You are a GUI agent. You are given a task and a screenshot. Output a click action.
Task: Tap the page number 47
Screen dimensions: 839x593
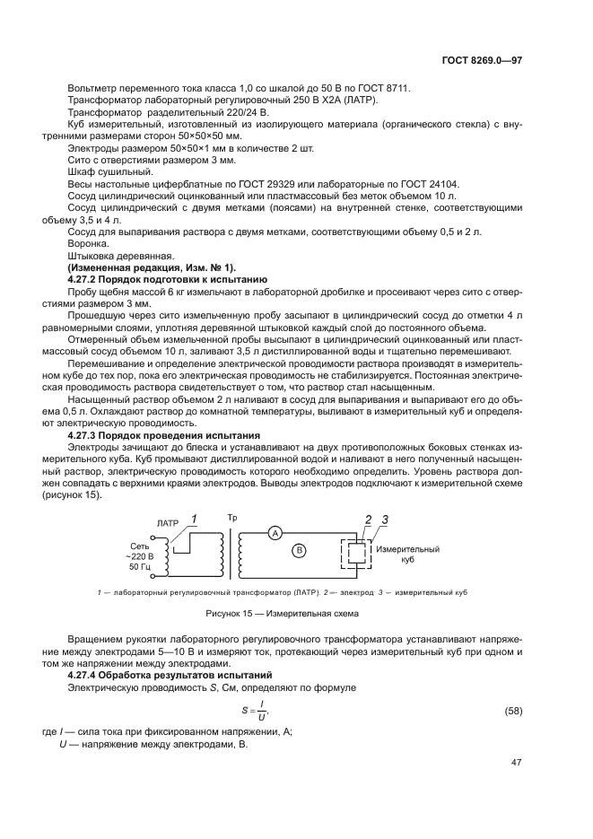(516, 763)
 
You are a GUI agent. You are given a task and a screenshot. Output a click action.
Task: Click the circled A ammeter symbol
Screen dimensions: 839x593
(275, 532)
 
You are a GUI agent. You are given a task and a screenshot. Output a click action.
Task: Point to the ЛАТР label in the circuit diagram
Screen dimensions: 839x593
(168, 521)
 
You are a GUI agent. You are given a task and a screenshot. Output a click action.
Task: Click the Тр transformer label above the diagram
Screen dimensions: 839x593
(232, 519)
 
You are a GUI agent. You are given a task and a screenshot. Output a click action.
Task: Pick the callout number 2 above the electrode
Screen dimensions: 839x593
(368, 520)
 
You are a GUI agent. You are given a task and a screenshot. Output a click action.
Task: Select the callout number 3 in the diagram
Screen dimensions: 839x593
(385, 520)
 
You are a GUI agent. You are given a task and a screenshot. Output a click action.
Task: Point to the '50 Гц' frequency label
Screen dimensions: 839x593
(141, 567)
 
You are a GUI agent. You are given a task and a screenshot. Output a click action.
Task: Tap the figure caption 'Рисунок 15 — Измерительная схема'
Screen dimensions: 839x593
(295, 614)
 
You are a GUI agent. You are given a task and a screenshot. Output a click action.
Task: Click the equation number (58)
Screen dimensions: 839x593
(511, 712)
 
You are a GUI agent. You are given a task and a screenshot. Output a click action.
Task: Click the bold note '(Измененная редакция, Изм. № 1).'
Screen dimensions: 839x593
(151, 267)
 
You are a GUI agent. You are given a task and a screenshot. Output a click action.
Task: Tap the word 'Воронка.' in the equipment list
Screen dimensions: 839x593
(87, 242)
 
